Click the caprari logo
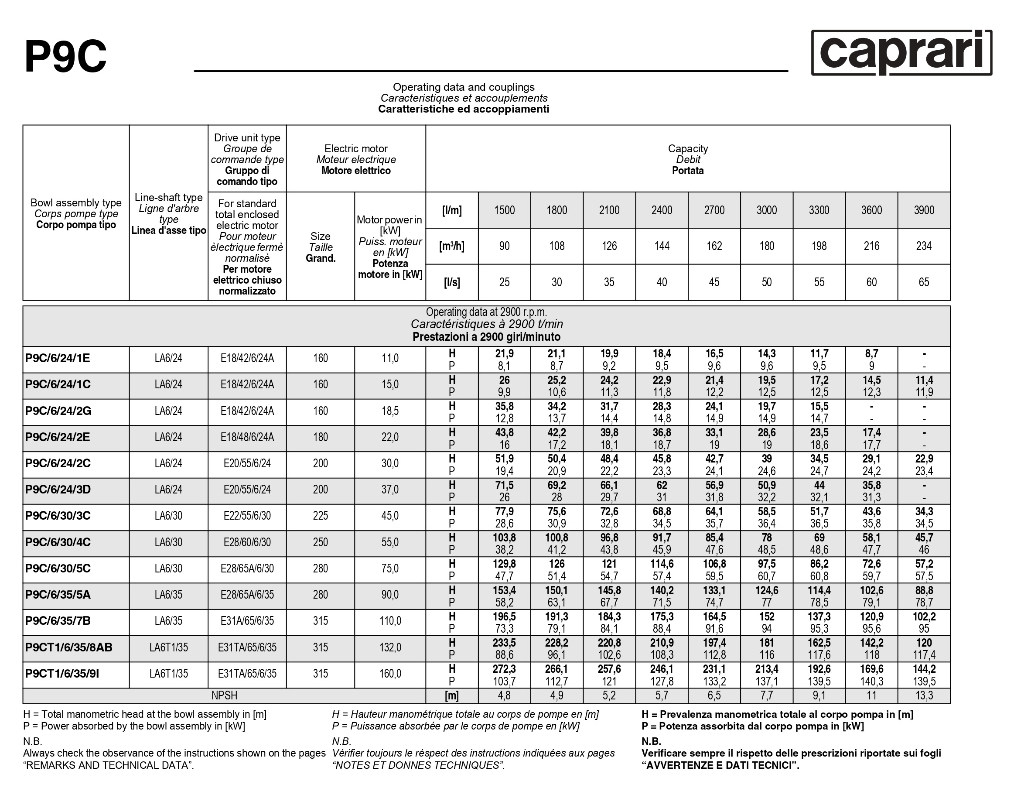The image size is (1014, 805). (901, 52)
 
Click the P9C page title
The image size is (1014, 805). (65, 56)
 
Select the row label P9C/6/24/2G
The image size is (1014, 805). (58, 411)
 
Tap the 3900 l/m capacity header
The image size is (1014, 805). (924, 210)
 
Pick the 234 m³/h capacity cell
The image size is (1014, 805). (924, 246)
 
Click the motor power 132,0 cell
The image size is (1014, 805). (390, 647)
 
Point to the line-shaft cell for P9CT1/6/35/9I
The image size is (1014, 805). (168, 674)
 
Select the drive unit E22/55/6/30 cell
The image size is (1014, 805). (247, 516)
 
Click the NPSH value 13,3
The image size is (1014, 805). (924, 695)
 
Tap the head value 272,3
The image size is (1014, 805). (504, 669)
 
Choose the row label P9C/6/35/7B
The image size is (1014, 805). (58, 621)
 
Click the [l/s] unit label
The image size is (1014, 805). (451, 282)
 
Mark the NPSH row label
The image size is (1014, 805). (224, 695)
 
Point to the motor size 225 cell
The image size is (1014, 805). (320, 516)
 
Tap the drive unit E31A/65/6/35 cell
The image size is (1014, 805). (247, 621)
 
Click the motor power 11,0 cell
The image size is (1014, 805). (390, 359)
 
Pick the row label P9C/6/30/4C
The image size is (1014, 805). (58, 542)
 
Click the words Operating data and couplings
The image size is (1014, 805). (463, 87)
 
